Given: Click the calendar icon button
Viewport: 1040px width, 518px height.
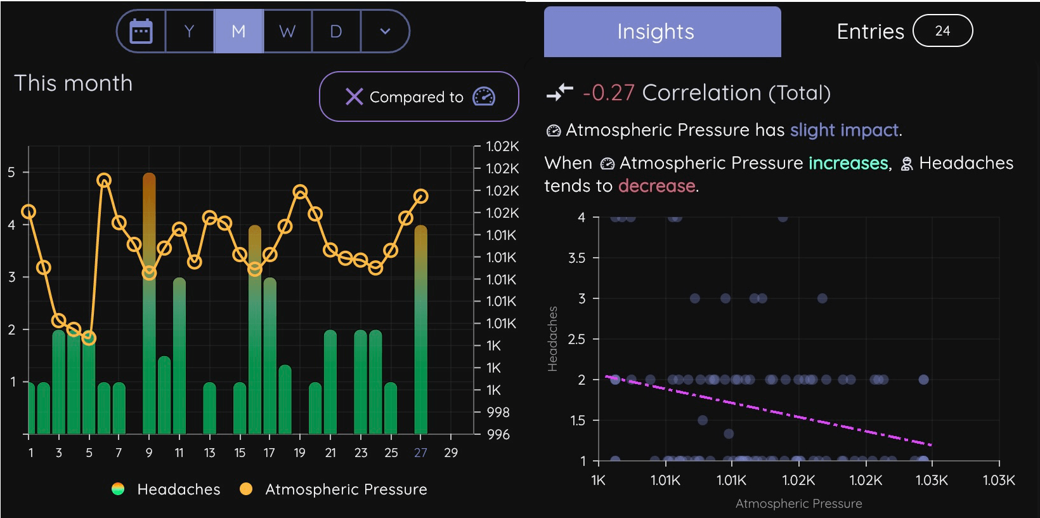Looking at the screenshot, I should (141, 31).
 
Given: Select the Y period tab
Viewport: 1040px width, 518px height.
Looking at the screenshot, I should (189, 31).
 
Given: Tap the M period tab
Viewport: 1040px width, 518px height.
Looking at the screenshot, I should (238, 31).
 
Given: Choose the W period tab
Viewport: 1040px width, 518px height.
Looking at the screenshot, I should (287, 31).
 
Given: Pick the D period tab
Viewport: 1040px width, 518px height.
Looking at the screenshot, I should (336, 31).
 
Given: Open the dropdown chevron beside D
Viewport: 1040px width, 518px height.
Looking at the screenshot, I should (385, 31).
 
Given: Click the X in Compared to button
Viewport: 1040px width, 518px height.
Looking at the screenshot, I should (354, 96).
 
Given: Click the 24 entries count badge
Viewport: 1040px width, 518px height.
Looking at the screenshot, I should (942, 31).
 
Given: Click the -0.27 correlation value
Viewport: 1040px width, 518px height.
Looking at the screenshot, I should (608, 93).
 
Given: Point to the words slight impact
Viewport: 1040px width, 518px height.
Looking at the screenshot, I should (844, 130).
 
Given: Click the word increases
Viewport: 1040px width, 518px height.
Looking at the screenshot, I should (848, 163).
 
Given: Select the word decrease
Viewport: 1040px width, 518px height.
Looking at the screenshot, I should (656, 186).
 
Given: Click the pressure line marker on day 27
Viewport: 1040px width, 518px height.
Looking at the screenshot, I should (420, 196).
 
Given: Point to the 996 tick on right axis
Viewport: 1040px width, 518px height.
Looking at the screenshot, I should (498, 435).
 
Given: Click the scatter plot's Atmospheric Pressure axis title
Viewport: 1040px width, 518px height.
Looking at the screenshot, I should (798, 503).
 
